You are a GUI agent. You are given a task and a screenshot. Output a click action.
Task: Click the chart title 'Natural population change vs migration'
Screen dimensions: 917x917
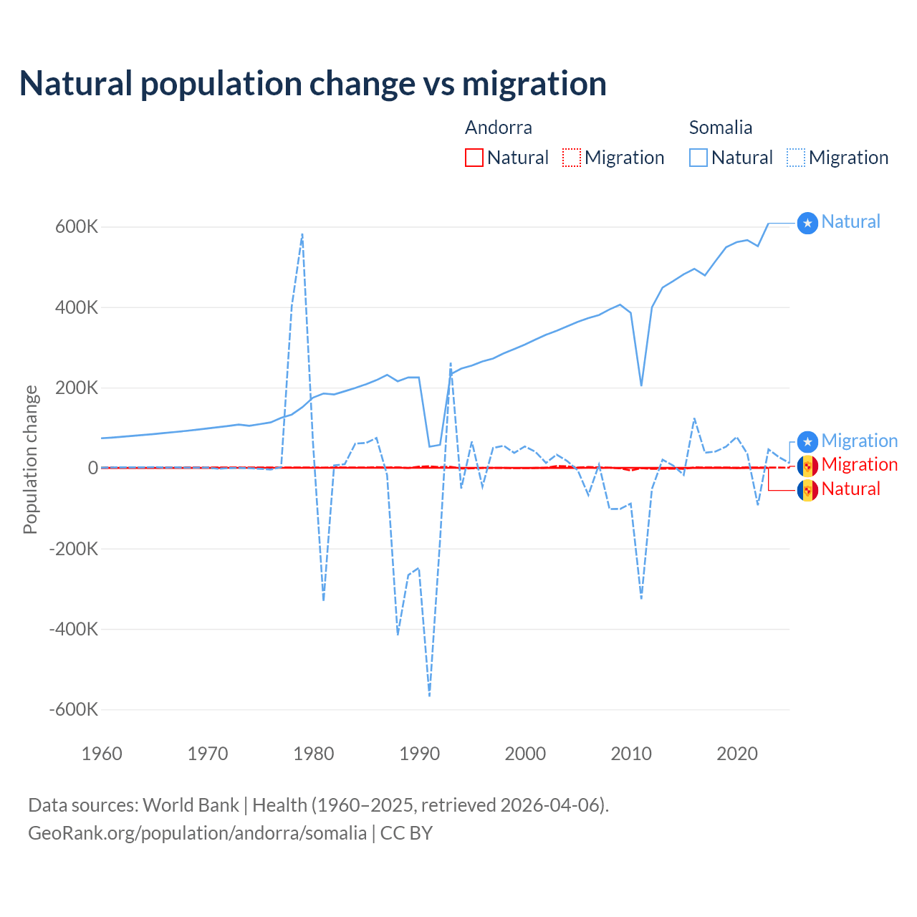pyautogui.click(x=313, y=84)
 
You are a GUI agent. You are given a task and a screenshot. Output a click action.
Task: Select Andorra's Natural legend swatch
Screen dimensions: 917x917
pyautogui.click(x=474, y=158)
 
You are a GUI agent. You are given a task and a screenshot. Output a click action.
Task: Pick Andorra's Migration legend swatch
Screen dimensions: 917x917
pyautogui.click(x=572, y=158)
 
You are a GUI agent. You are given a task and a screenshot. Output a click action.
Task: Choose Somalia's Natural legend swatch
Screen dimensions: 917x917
pyautogui.click(x=698, y=158)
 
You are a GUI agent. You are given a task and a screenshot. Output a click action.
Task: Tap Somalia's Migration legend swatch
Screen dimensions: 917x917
pyautogui.click(x=796, y=158)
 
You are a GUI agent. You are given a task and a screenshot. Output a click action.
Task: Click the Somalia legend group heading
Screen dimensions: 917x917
pyautogui.click(x=720, y=128)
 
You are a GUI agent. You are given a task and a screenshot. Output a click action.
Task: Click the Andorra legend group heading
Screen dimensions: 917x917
pyautogui.click(x=498, y=128)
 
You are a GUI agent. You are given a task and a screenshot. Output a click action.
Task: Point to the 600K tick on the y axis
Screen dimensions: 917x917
pyautogui.click(x=77, y=227)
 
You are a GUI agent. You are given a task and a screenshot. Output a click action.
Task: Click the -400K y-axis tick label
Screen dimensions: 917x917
pyautogui.click(x=73, y=629)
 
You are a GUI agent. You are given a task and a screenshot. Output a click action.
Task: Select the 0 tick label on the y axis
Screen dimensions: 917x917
pyautogui.click(x=92, y=468)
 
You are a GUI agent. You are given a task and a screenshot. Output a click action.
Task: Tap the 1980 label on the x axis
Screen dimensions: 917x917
pyautogui.click(x=314, y=754)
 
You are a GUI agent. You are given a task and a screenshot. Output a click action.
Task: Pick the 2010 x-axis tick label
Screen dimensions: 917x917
pyautogui.click(x=631, y=754)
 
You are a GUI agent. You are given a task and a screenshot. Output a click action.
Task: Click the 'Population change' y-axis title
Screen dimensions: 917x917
pyautogui.click(x=30, y=460)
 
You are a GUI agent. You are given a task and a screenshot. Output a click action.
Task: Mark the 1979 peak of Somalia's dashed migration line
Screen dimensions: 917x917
pyautogui.click(x=302, y=234)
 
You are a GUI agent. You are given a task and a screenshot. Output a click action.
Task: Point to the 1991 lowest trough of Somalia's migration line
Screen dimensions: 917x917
pyautogui.click(x=429, y=695)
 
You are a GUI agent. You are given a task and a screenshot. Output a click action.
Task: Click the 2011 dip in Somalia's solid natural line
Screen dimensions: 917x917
pyautogui.click(x=641, y=385)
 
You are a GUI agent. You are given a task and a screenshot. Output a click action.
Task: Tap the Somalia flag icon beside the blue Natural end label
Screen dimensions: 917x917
pyautogui.click(x=807, y=224)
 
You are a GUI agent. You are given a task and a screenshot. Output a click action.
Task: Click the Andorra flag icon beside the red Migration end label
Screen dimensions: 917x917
pyautogui.click(x=807, y=466)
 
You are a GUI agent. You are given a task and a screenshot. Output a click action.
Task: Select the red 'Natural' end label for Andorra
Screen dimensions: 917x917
pyautogui.click(x=850, y=489)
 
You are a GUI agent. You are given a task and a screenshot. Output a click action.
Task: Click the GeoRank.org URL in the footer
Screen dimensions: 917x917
pyautogui.click(x=197, y=833)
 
